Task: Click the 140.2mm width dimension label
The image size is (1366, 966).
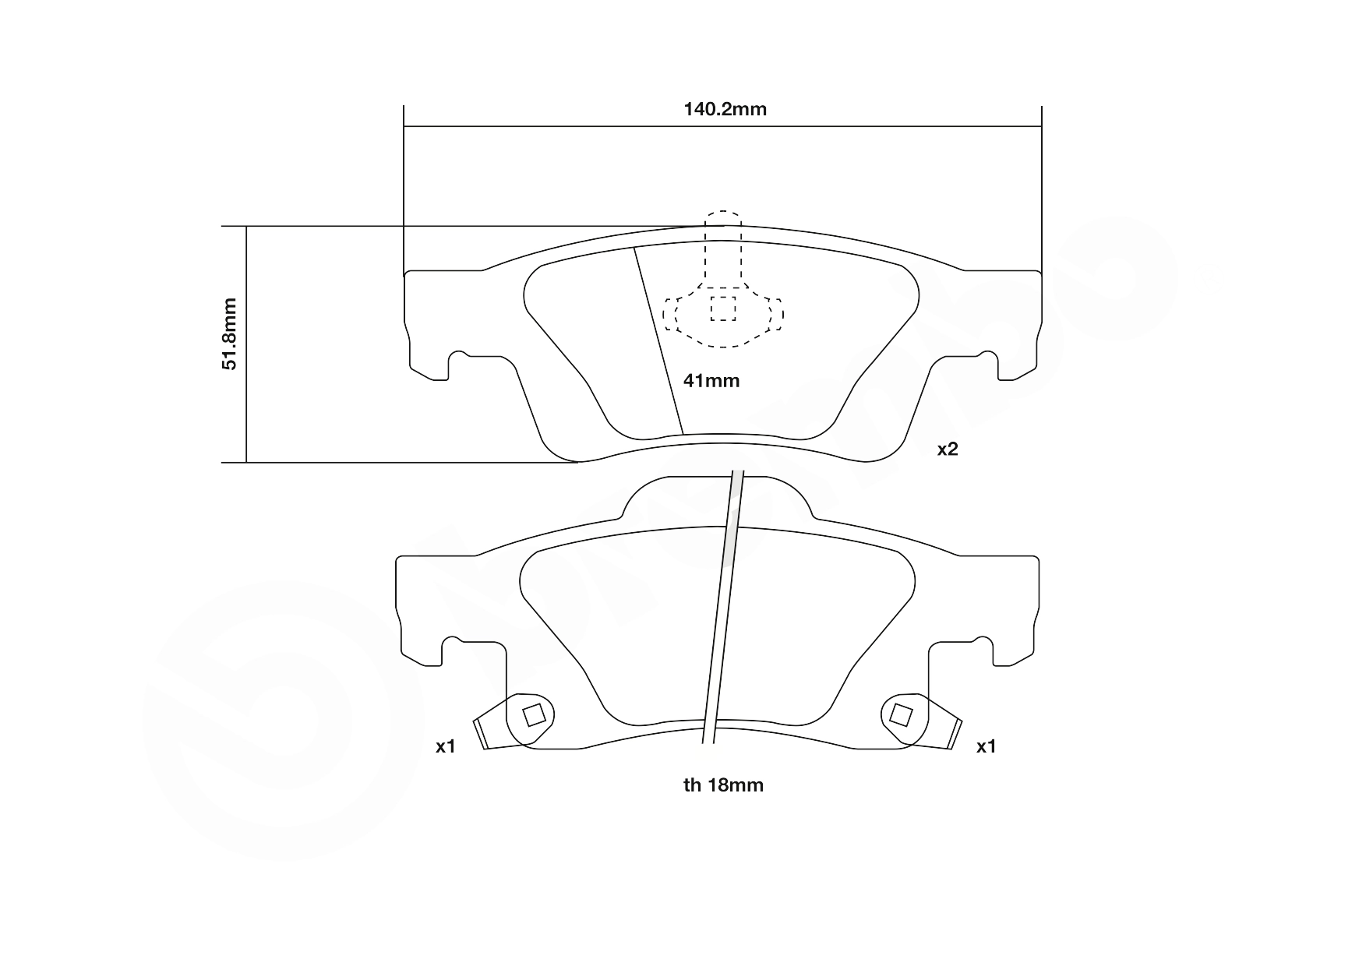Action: (x=725, y=109)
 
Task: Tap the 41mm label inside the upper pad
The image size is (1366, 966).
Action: (x=711, y=381)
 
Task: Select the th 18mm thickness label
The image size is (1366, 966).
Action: (x=723, y=785)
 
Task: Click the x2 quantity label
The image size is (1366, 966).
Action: (x=947, y=449)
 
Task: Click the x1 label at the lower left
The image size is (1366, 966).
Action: (x=445, y=746)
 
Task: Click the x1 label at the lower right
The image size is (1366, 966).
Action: (x=987, y=746)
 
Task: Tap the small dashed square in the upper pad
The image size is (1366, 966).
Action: (x=723, y=308)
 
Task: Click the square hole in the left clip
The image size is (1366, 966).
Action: (x=534, y=714)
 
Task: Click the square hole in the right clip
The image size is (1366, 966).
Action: (x=901, y=714)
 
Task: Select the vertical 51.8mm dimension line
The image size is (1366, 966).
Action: (x=246, y=344)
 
